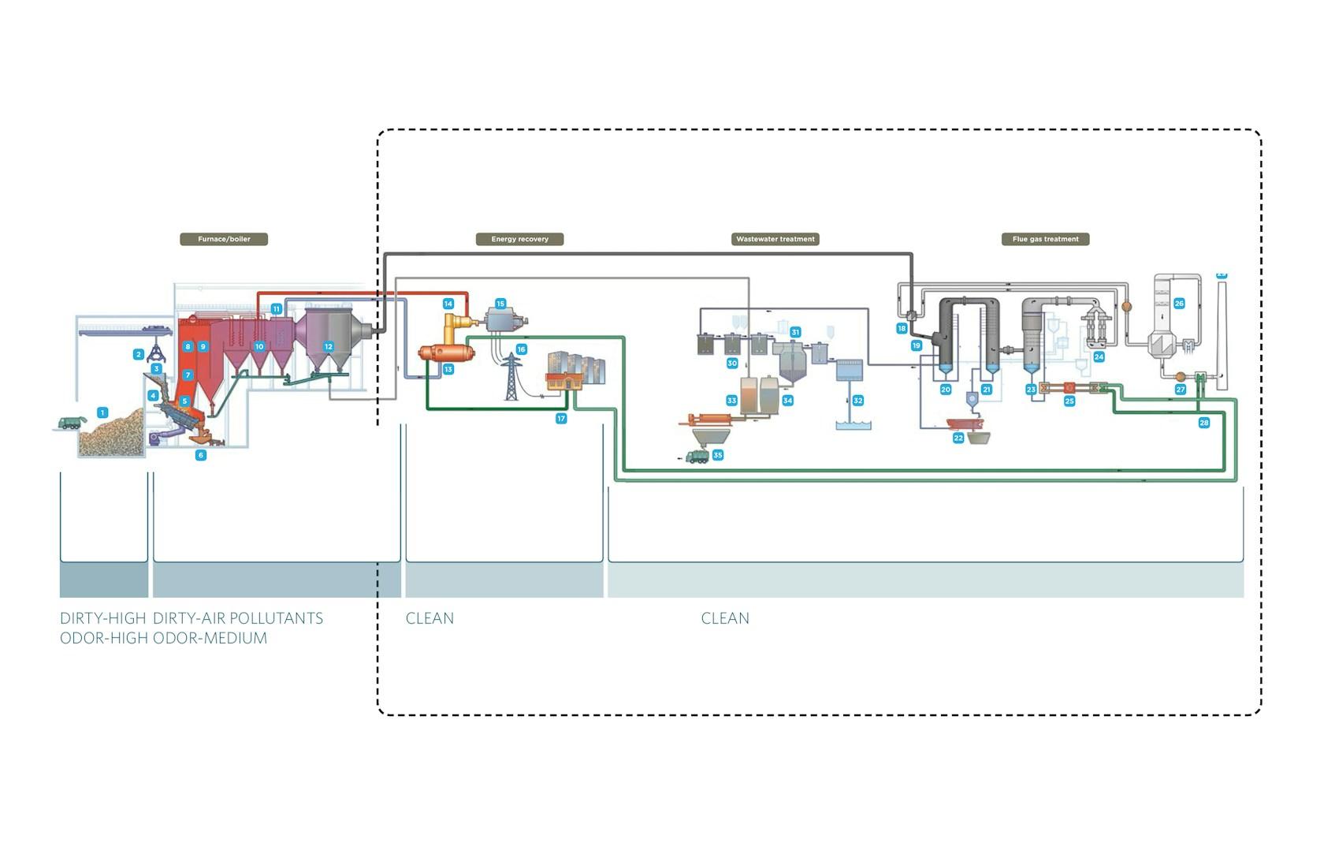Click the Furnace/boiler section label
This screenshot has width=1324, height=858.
click(x=224, y=239)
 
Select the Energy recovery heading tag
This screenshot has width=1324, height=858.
click(x=519, y=239)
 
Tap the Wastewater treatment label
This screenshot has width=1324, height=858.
click(x=775, y=239)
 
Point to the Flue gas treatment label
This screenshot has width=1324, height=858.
click(x=1045, y=239)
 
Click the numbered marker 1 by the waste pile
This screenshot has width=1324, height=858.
click(x=102, y=412)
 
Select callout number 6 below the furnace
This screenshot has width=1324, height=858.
click(x=201, y=455)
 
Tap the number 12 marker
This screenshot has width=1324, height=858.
click(x=328, y=346)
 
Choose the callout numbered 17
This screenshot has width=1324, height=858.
click(x=561, y=418)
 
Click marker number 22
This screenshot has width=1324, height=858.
click(x=958, y=438)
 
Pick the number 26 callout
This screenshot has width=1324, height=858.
click(x=1179, y=304)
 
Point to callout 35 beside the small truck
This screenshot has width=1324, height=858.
click(x=717, y=455)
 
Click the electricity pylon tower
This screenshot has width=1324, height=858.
click(x=511, y=376)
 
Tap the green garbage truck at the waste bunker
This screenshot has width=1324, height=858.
click(x=72, y=422)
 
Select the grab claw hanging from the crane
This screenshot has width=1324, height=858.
click(x=157, y=353)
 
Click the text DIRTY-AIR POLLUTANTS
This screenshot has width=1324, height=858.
click(x=238, y=618)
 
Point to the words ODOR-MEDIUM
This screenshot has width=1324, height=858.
click(x=210, y=638)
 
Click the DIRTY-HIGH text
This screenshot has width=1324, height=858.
click(x=102, y=618)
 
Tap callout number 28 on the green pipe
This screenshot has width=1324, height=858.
click(x=1203, y=422)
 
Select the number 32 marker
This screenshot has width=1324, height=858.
click(x=857, y=401)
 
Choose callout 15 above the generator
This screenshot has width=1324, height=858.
click(x=500, y=304)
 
